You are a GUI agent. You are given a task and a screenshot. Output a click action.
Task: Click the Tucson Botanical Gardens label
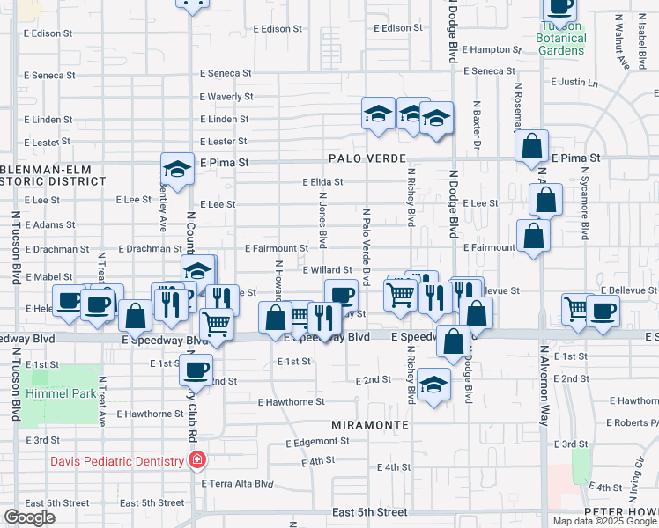coord(561,38)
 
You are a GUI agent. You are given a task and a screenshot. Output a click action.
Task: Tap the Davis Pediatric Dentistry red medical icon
coord(198,460)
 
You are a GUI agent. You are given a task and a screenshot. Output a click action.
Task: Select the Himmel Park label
coord(61,393)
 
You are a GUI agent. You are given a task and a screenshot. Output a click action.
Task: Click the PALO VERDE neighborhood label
coord(367,159)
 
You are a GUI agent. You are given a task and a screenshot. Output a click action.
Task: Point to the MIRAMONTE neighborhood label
coord(370,424)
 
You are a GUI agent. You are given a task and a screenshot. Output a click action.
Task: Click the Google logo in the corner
coord(29,517)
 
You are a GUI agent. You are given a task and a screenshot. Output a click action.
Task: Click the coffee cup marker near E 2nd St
coord(196,369)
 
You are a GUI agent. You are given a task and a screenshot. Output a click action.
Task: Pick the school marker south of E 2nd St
coord(433,385)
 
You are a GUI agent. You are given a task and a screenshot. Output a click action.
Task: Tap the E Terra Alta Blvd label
coord(237,484)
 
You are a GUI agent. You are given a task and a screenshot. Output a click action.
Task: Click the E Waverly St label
coord(226,97)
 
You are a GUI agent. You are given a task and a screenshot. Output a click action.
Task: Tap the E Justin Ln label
coord(574,82)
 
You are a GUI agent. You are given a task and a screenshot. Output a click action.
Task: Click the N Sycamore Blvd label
coord(585,214)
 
